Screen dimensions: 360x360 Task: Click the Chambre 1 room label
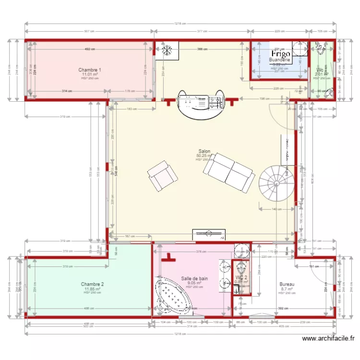[x=90, y=70]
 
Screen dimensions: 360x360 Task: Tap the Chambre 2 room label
[x=92, y=284]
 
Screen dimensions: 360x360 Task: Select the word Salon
[x=204, y=151]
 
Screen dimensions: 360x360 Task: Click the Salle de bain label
[x=194, y=278]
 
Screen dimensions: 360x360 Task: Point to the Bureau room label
[x=287, y=284]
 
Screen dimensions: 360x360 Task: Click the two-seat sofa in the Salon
[x=229, y=172]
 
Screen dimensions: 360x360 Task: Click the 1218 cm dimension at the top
[x=180, y=24]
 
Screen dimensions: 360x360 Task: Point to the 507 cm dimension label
[x=89, y=32]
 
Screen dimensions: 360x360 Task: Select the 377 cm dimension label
[x=202, y=32]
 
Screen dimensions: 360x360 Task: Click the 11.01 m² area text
[x=90, y=74]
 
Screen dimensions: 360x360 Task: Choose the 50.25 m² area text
[x=204, y=156]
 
